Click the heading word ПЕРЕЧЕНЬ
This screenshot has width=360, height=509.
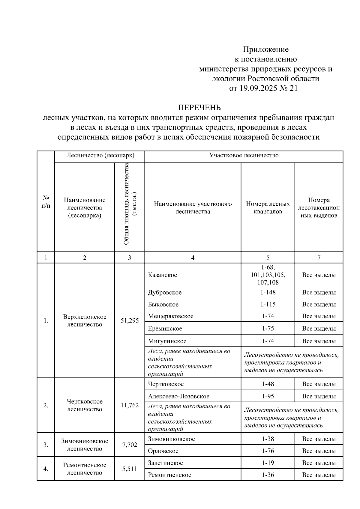199,108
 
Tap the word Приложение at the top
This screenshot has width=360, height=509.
265,49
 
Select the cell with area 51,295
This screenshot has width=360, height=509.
130,320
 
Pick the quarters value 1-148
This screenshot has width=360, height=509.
268,292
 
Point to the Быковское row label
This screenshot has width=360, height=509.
163,304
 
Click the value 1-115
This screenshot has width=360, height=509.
268,304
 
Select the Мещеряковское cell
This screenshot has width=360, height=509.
171,316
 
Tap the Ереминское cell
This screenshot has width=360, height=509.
165,329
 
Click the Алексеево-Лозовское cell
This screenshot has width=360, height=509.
178,396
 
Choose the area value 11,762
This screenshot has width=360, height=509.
130,405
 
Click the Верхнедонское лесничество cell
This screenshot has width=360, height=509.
85,320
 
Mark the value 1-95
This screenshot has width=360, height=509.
268,396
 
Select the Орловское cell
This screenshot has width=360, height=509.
163,451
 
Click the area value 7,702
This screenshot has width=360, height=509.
130,445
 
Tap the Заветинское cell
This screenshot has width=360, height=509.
165,463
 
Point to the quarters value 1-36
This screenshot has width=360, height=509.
268,475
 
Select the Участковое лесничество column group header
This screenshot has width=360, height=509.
244,155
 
